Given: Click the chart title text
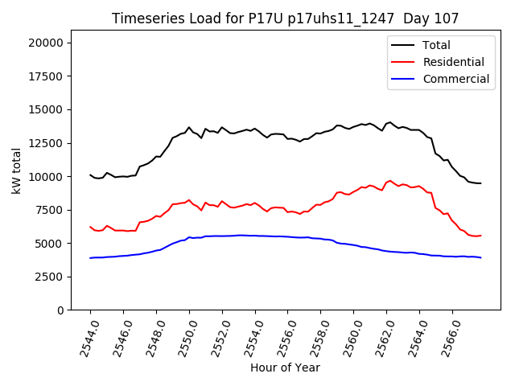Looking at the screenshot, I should click(285, 18).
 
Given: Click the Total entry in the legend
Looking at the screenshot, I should click(437, 45).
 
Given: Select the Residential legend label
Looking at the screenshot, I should click(454, 62).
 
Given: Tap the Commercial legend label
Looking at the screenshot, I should click(455, 79).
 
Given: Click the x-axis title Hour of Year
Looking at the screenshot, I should click(285, 368).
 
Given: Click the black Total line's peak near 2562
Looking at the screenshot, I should click(390, 122).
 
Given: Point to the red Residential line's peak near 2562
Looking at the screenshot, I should click(390, 181).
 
